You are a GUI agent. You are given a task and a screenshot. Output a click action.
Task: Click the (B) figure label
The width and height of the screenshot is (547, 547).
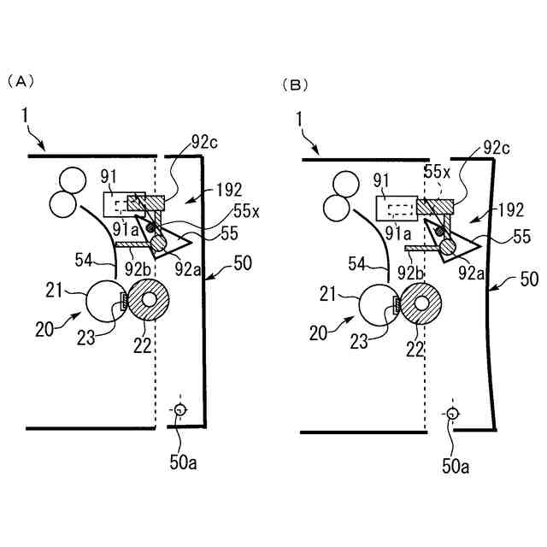pos(296,85)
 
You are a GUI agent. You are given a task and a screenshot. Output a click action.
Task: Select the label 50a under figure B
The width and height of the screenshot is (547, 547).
pos(456,467)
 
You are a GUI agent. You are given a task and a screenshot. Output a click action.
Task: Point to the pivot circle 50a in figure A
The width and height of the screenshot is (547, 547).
pos(179,409)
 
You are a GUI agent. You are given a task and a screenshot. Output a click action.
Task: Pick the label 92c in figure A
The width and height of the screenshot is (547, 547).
pos(205,142)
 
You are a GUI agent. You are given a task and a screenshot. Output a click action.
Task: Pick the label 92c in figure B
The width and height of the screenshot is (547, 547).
pos(496,146)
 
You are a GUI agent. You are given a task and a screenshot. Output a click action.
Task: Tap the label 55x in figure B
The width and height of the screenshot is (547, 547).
pos(438,172)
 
